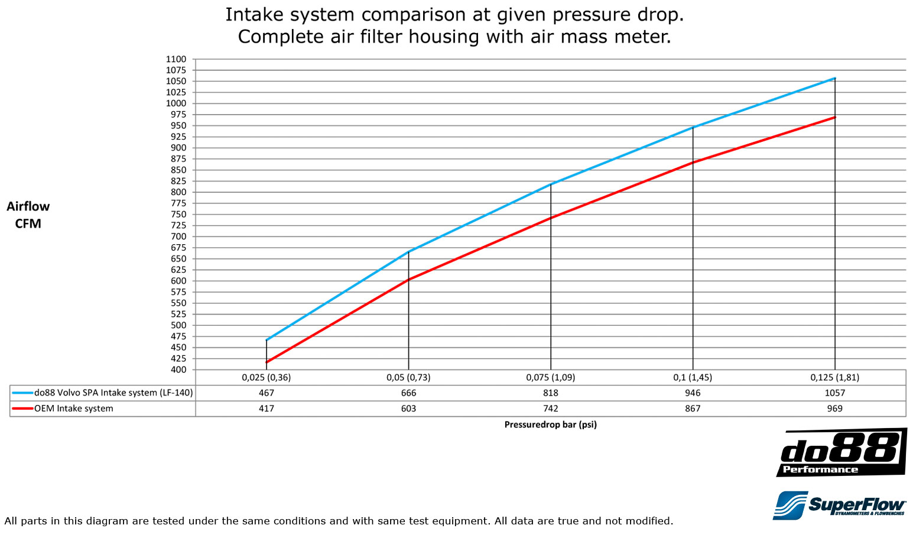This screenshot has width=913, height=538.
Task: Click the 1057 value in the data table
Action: coord(834,393)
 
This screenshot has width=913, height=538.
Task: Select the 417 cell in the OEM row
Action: coord(267,409)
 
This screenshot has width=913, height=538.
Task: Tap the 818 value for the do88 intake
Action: coord(551,393)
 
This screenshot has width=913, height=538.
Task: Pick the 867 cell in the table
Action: coord(693,409)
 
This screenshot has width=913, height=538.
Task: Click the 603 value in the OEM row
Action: coord(408,409)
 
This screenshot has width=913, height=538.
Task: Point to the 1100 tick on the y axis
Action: coord(176,59)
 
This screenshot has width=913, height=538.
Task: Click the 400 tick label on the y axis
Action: coord(178,370)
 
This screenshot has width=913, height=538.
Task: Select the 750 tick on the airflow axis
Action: coord(178,215)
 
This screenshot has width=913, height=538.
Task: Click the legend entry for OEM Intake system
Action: coord(73,409)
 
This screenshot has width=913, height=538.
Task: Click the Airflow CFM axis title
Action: coord(28,215)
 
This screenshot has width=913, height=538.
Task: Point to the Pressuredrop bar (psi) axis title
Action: coord(550,424)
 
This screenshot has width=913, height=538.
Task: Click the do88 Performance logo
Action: coord(841,453)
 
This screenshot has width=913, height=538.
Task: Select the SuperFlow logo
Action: coord(839,505)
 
